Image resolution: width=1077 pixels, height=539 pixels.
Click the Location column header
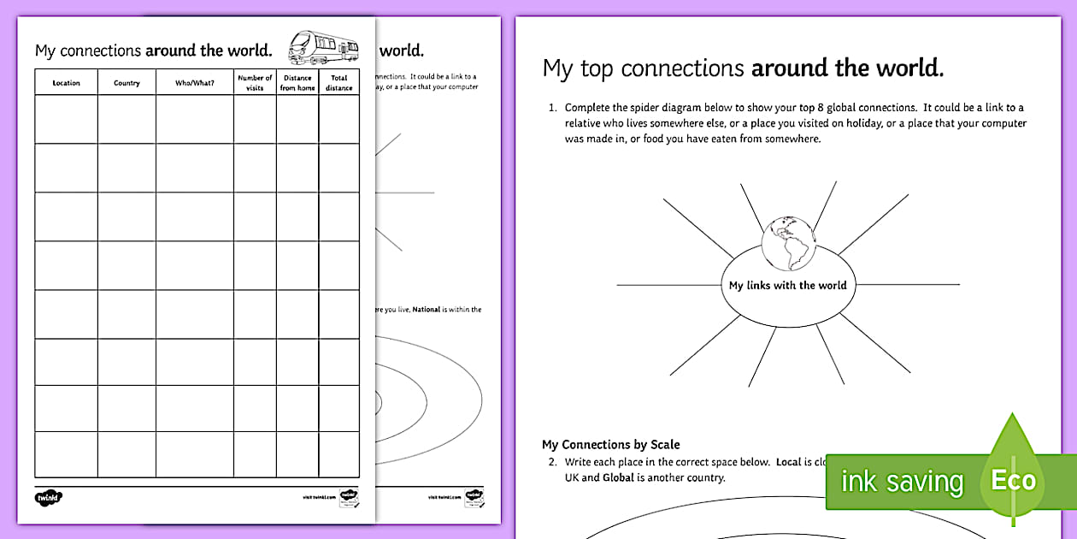coord(66,83)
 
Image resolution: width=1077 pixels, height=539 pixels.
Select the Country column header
coord(127,83)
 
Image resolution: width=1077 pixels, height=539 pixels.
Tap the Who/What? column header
coord(194,83)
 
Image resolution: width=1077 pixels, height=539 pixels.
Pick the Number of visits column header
coord(255,83)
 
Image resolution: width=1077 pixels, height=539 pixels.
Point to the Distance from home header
coord(297,83)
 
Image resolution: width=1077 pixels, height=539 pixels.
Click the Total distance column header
coord(338,83)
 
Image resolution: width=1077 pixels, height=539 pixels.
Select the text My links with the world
coord(787,285)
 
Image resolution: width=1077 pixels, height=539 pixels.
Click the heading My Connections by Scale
coord(610,444)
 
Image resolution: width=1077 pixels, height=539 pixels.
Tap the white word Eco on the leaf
coord(1013,480)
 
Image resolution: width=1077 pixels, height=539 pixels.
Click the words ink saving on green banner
coord(902,481)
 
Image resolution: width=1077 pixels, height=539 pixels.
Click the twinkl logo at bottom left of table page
coord(49,497)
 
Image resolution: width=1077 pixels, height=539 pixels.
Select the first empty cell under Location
coord(66,119)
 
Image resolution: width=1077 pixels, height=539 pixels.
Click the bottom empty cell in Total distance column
coord(338,454)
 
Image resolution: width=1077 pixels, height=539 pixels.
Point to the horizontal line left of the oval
coord(667,285)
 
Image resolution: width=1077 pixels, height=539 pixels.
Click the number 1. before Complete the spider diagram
coord(552,107)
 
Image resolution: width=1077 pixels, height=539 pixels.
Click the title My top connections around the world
coord(743,68)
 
